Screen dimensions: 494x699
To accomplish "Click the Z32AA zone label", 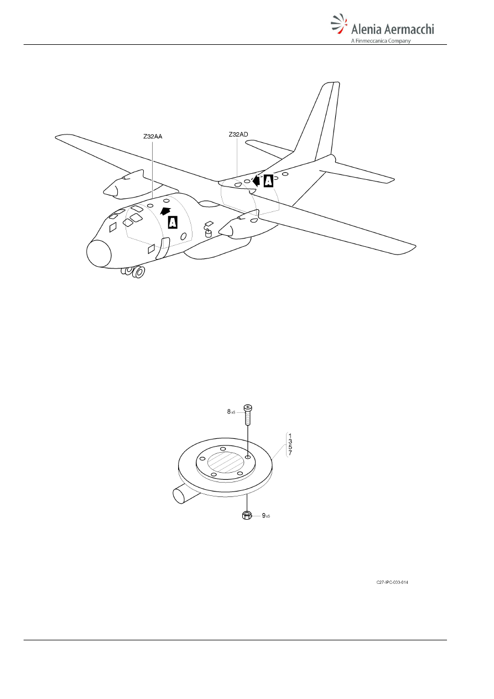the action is tap(153, 136).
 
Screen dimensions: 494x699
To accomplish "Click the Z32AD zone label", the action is tap(238, 134).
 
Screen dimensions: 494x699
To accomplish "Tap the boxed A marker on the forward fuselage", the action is tap(173, 222).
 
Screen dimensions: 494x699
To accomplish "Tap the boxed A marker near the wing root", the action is tap(268, 181).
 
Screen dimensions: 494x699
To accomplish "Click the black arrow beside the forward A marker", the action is tap(165, 211).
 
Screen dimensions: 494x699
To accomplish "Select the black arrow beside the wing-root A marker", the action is tap(256, 180).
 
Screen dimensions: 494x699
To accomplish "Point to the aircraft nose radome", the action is tap(98, 253).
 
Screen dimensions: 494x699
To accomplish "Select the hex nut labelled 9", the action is tap(247, 515).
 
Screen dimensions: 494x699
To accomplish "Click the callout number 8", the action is tap(228, 412).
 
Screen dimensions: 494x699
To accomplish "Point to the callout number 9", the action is tap(263, 515).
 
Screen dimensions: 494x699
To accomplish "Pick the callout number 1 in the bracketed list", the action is tap(290, 436).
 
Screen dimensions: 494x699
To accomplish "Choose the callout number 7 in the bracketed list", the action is tap(290, 453).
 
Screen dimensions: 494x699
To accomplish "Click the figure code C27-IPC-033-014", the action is tap(392, 582).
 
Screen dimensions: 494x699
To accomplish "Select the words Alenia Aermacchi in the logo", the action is tap(393, 29).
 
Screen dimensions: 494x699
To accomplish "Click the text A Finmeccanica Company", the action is tap(381, 41).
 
